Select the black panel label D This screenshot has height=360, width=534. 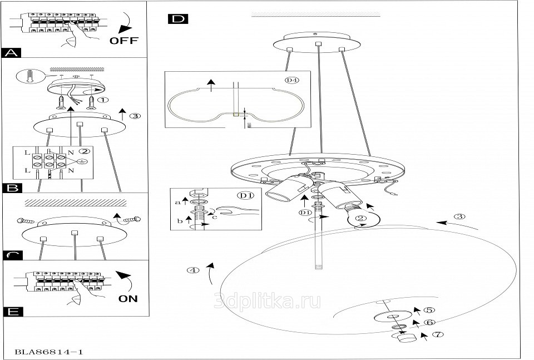(178, 19)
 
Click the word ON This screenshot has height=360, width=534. (128, 299)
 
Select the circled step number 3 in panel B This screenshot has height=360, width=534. (135, 116)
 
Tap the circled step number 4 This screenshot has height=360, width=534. (192, 271)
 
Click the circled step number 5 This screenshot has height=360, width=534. (428, 311)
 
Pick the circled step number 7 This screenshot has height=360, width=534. (438, 335)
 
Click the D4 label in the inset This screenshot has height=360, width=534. (291, 80)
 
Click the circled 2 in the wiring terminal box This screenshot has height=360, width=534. (85, 151)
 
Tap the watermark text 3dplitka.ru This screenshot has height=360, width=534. (267, 301)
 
